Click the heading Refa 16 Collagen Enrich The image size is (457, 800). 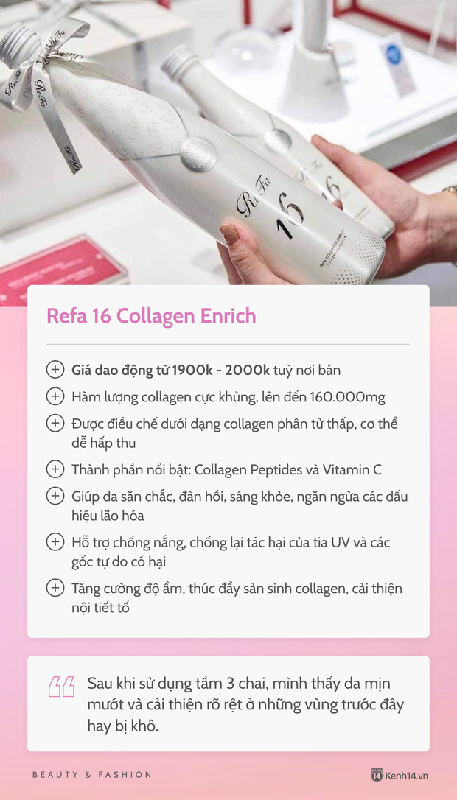[151, 316]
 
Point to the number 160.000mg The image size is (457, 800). [344, 397]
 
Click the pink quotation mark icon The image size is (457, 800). [62, 687]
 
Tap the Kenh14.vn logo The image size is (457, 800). [400, 775]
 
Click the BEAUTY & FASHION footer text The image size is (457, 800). [92, 775]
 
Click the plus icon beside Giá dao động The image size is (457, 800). [55, 370]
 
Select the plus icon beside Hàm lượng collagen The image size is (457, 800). [55, 397]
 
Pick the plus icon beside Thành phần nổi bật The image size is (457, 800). [55, 469]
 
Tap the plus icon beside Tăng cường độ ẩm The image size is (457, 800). [55, 588]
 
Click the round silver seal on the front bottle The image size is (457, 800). [198, 154]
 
